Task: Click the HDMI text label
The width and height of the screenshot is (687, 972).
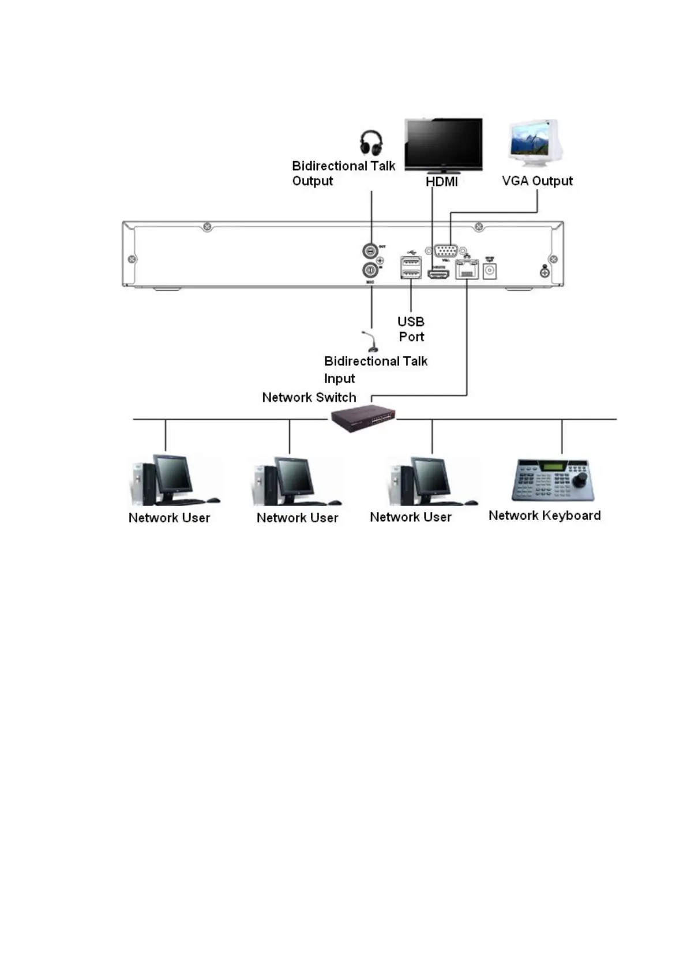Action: tap(441, 182)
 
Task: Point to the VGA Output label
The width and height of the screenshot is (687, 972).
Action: tap(537, 181)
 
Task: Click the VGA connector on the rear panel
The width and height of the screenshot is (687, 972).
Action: tap(446, 251)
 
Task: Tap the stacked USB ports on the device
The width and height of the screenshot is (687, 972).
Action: tap(410, 267)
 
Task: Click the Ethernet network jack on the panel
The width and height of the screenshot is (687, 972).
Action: tap(467, 270)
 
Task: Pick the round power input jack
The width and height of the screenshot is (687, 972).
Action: tap(490, 271)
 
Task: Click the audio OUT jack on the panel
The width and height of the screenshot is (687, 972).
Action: tap(369, 251)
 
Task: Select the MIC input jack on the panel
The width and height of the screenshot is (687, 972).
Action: tap(369, 270)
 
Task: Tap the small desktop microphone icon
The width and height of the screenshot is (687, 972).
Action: tap(370, 342)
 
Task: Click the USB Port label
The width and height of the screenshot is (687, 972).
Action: tap(411, 329)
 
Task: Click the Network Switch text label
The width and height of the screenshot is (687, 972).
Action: tap(309, 397)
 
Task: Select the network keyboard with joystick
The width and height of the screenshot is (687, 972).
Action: tap(552, 480)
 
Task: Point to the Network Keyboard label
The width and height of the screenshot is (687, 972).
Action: tap(544, 515)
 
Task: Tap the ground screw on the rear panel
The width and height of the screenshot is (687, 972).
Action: tap(544, 271)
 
